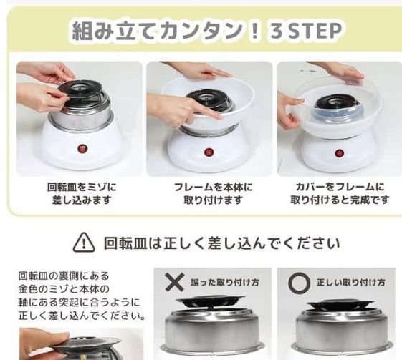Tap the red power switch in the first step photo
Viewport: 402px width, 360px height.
(80, 150)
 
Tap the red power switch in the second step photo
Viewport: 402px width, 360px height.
(209, 152)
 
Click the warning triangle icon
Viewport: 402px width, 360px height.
(84, 243)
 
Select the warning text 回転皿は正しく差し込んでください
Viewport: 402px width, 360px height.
(221, 243)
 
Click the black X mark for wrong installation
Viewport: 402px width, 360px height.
(175, 281)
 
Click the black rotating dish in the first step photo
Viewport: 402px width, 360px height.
(80, 89)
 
